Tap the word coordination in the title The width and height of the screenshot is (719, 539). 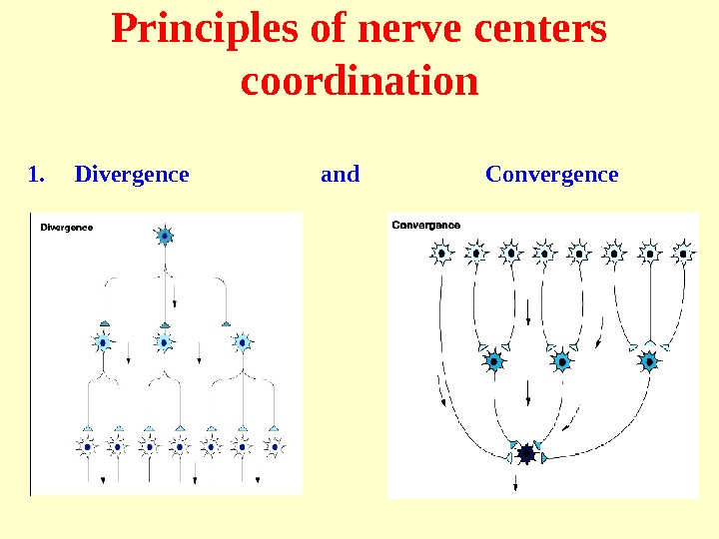pyautogui.click(x=359, y=82)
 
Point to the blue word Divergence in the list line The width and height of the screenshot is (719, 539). pyautogui.click(x=132, y=175)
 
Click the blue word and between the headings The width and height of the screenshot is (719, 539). pyautogui.click(x=340, y=175)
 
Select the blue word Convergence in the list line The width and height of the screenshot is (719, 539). pyautogui.click(x=551, y=175)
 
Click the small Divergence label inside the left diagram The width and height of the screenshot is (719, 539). pyautogui.click(x=67, y=227)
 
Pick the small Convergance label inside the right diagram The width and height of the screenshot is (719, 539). pyautogui.click(x=426, y=225)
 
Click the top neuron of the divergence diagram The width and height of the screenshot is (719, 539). pyautogui.click(x=165, y=237)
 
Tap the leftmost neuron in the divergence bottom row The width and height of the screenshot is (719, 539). pyautogui.click(x=87, y=446)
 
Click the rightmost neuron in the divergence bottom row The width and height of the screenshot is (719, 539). pyautogui.click(x=272, y=446)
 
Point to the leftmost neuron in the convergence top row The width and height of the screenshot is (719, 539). pyautogui.click(x=442, y=254)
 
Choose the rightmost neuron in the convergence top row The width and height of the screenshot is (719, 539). pyautogui.click(x=684, y=254)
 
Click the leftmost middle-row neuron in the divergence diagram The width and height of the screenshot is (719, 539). pyautogui.click(x=103, y=342)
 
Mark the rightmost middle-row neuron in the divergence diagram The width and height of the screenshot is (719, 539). pyautogui.click(x=242, y=342)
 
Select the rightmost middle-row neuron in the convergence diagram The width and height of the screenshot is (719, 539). pyautogui.click(x=650, y=360)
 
